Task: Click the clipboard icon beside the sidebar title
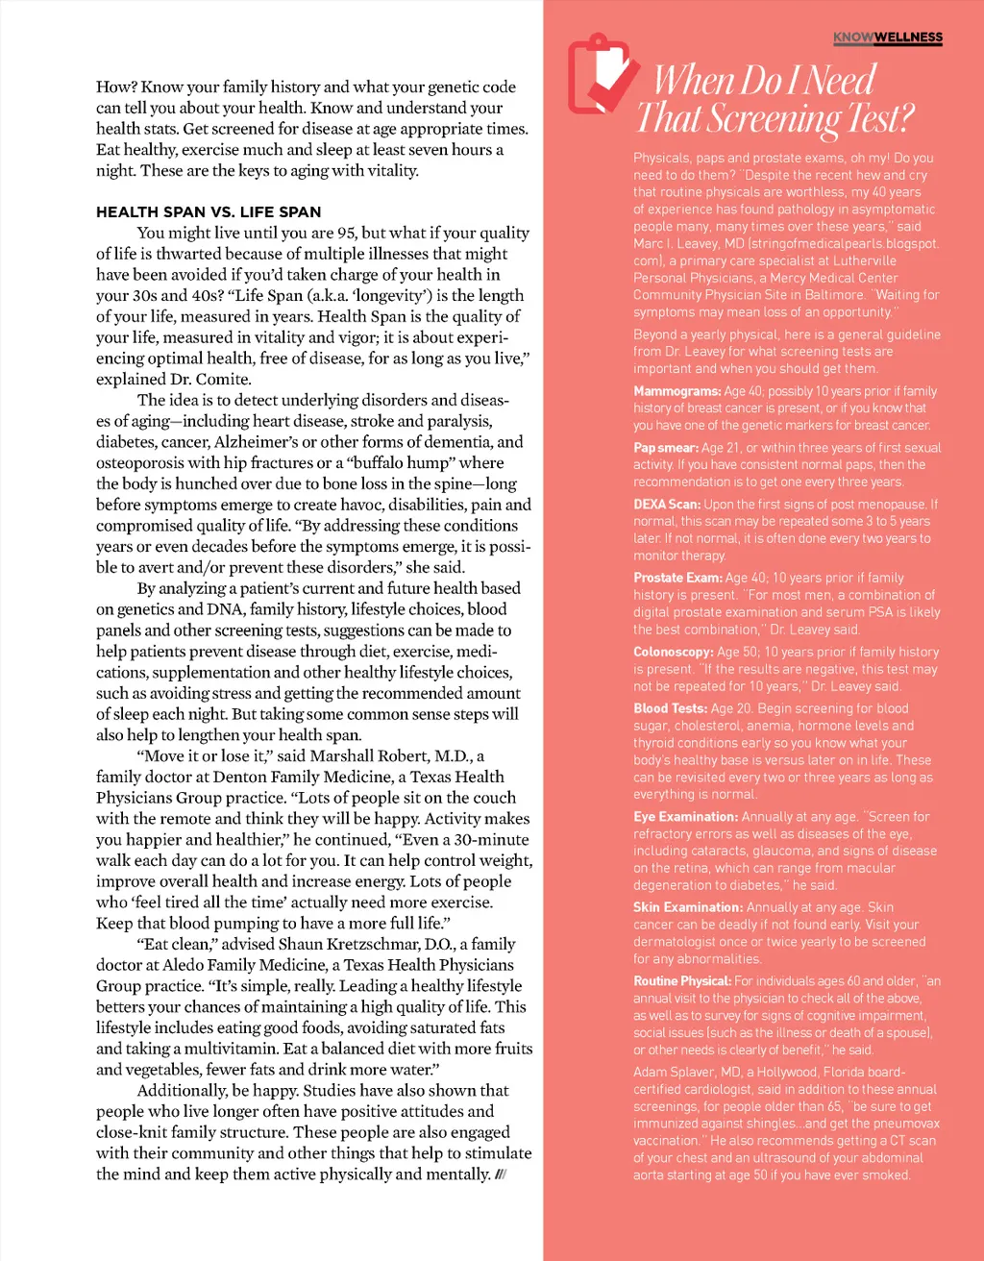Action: point(598,75)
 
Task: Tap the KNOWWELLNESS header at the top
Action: point(888,37)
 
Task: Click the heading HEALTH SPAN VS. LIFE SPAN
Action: point(209,211)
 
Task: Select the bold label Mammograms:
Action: point(676,391)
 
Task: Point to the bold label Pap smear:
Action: point(665,448)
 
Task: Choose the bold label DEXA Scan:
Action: point(666,504)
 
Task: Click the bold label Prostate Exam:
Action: point(677,578)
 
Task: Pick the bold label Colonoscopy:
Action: point(673,652)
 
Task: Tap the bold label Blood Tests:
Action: point(670,708)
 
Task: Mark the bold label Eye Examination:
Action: point(685,817)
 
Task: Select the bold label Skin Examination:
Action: point(687,907)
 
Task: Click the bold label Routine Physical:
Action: point(681,981)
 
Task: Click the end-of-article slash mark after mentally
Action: point(501,1174)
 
